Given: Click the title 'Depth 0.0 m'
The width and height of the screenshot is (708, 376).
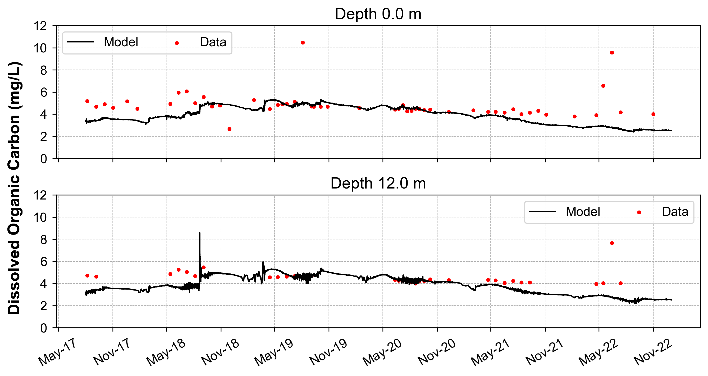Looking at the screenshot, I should point(378,14).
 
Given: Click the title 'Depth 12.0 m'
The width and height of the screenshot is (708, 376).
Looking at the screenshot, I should point(378,183).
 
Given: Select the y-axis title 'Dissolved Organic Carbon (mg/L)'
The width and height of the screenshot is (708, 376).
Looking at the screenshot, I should point(14,188).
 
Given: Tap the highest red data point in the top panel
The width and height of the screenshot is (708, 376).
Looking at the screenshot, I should point(302,43).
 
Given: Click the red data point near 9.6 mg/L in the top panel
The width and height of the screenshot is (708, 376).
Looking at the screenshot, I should point(612,52).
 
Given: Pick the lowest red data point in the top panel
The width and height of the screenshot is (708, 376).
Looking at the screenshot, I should point(230,129).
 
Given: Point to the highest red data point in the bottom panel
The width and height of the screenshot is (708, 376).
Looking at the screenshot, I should point(612,243).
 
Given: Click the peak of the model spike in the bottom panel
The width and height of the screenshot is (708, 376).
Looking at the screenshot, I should point(199,233).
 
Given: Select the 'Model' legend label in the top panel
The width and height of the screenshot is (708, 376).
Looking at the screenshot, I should point(121,42).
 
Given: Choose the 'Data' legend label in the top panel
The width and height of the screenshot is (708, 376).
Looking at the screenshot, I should point(213,42).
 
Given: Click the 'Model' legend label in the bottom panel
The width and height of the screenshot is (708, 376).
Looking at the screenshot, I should point(583,212).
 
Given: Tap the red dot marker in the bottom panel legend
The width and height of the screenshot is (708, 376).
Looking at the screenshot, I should point(639,213).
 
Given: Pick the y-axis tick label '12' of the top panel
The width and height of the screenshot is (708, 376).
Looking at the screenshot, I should point(40,26).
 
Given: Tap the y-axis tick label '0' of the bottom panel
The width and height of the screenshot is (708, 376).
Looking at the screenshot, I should point(44,328).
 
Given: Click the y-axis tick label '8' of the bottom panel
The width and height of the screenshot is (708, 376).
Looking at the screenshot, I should point(44,240).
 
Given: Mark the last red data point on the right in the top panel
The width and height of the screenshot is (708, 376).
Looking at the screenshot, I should point(653,114).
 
